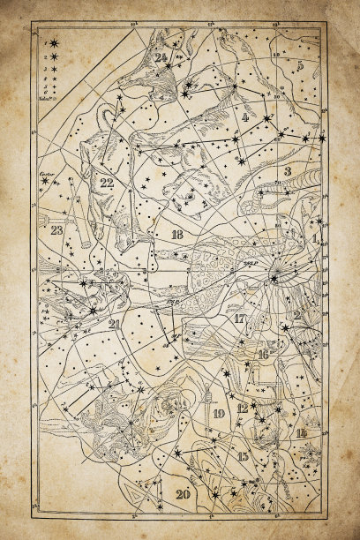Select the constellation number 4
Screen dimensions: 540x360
244,116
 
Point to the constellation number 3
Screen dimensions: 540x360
287,170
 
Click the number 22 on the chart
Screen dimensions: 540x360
107,183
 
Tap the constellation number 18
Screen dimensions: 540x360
176,234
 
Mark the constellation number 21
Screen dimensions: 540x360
114,324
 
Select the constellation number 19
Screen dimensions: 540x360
218,413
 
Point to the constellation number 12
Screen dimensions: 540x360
243,408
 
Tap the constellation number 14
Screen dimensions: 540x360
302,432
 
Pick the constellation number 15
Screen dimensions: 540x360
243,455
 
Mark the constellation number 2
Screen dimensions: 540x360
297,315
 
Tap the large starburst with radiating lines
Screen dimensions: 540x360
274,279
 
